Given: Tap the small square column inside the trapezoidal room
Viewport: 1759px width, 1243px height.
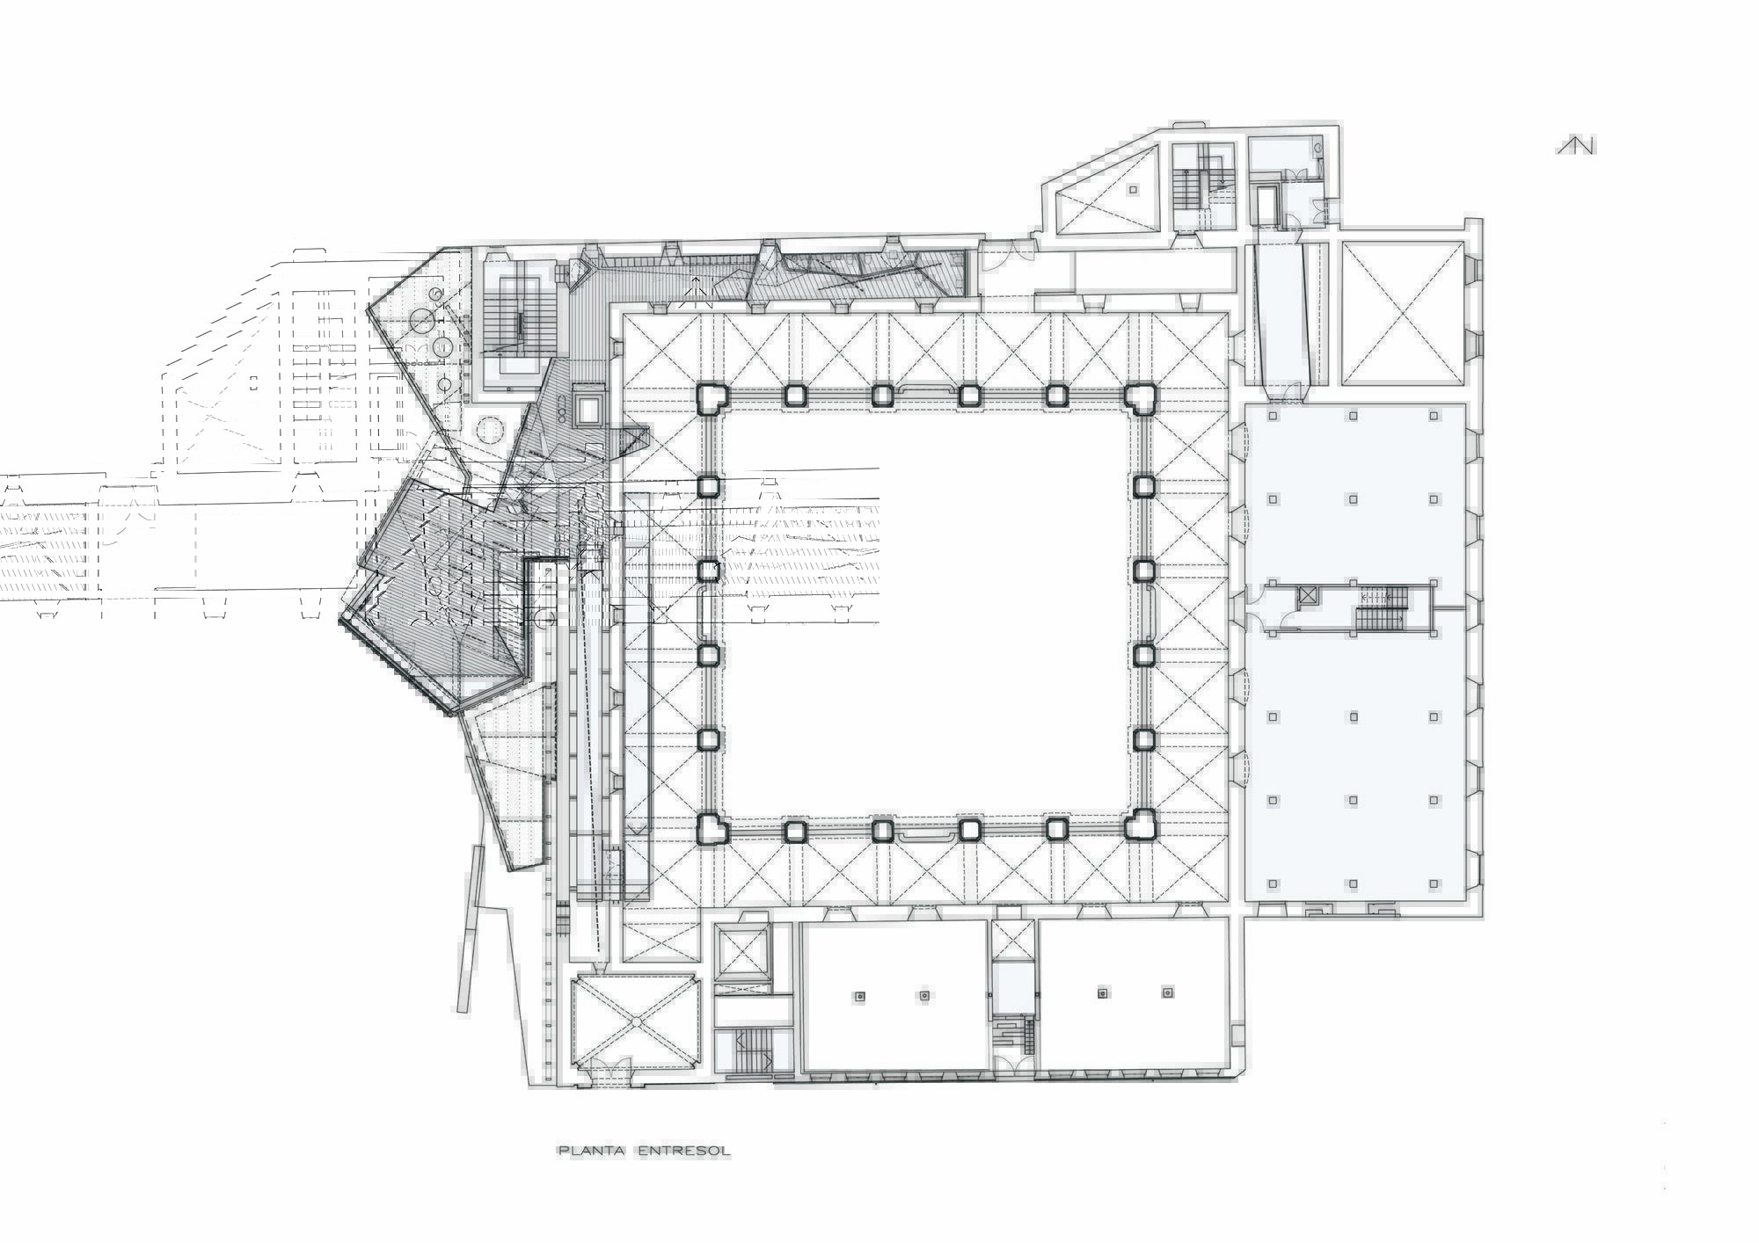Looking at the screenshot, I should (x=1133, y=189).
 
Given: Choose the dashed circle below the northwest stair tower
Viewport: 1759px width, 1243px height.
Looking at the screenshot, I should (x=489, y=431).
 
